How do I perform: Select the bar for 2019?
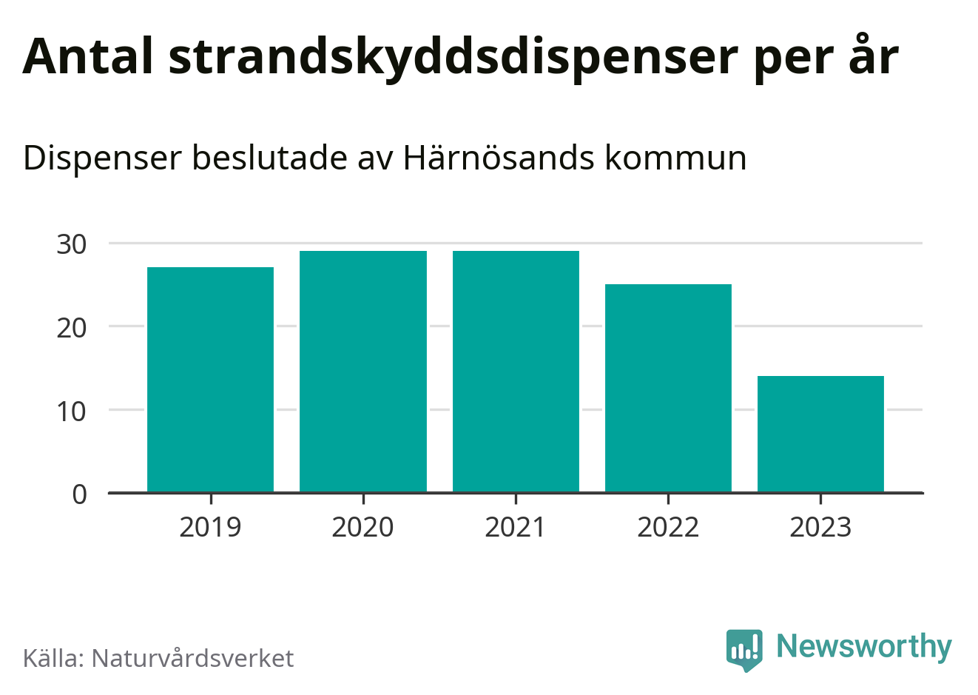pyautogui.click(x=211, y=379)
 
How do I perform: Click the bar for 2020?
pyautogui.click(x=363, y=371)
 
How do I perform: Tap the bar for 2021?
pyautogui.click(x=516, y=371)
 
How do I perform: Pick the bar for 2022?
pyautogui.click(x=668, y=388)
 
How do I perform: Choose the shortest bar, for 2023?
pyautogui.click(x=820, y=434)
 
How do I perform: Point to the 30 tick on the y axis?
pyautogui.click(x=72, y=244)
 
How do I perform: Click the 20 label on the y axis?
pyautogui.click(x=72, y=327)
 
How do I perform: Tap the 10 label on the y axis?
pyautogui.click(x=72, y=411)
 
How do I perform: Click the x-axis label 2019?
pyautogui.click(x=211, y=527)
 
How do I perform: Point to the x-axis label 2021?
pyautogui.click(x=516, y=527)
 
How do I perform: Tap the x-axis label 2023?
pyautogui.click(x=820, y=527)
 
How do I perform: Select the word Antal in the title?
pyautogui.click(x=88, y=56)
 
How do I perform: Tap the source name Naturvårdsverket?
pyautogui.click(x=192, y=658)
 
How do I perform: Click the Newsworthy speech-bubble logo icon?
pyautogui.click(x=743, y=649)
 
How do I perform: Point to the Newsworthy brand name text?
pyautogui.click(x=863, y=647)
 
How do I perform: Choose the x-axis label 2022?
pyautogui.click(x=668, y=527)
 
